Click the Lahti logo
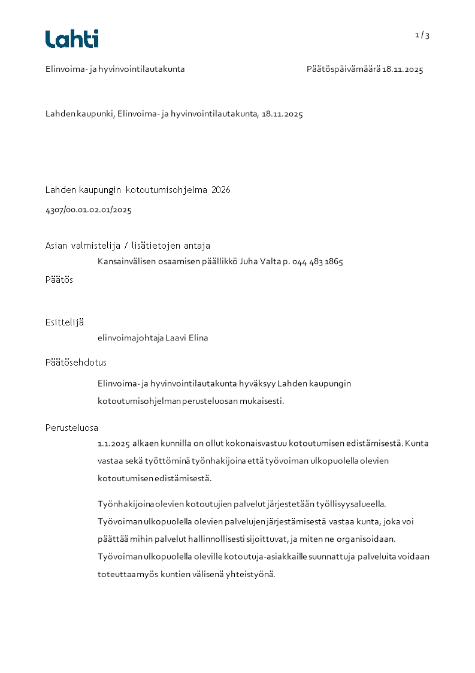(72, 39)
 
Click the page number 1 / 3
(422, 35)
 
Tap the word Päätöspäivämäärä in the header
(343, 70)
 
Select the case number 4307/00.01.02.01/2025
(89, 210)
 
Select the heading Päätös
(59, 280)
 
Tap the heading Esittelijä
(65, 322)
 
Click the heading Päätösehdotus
(76, 363)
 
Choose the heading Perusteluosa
(72, 428)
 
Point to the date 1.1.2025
(114, 444)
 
